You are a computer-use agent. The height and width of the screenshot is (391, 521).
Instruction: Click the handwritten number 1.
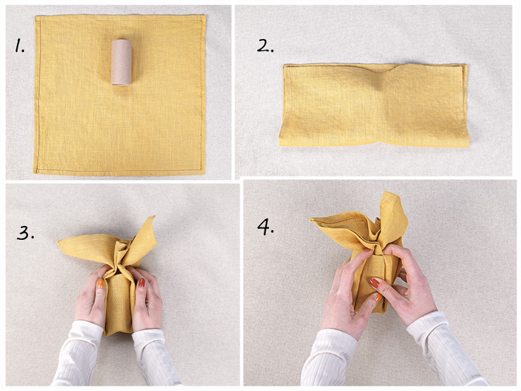20,45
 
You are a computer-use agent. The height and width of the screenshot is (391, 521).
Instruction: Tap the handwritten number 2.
265,46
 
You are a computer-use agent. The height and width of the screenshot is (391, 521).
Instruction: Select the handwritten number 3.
25,233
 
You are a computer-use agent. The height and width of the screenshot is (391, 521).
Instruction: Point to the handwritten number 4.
266,227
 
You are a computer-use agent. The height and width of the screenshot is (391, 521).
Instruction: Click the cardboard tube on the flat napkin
121,62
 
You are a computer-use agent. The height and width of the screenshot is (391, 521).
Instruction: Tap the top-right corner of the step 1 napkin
205,15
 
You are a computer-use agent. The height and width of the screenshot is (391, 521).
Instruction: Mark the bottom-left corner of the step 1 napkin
34,172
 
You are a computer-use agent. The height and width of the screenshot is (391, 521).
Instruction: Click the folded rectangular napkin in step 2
374,105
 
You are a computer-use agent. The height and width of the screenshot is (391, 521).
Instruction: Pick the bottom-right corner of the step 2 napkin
469,146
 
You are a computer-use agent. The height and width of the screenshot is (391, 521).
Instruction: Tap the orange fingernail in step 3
100,283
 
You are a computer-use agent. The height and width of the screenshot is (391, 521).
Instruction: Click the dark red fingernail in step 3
141,283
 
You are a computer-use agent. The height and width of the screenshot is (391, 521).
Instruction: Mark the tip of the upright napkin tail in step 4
386,192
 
